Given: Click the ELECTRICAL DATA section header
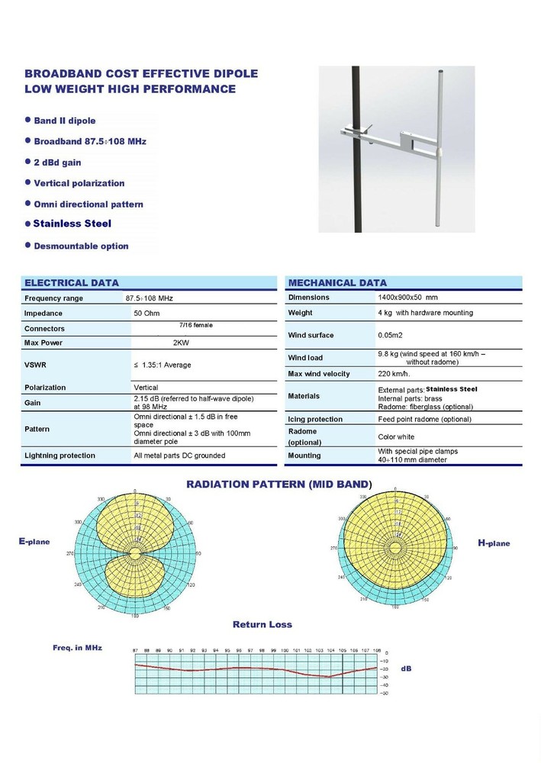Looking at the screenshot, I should coord(72,282).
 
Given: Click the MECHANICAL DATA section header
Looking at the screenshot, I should coord(337,282).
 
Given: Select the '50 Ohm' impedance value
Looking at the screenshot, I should coord(147,314).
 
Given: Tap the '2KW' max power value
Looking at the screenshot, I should coord(182,343).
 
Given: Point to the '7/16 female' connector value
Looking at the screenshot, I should coord(195,325).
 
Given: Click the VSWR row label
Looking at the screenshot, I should coord(35,365).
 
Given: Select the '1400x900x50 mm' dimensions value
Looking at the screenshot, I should coord(407,297).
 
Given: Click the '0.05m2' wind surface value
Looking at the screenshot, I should coord(391,336).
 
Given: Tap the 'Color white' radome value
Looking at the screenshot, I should coord(397,437).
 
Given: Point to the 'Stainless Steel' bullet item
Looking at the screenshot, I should coord(72,224).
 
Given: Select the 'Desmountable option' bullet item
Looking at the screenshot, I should coord(81,246).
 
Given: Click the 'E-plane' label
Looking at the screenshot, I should coord(34,541).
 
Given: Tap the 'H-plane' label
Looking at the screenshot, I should coord(494,543).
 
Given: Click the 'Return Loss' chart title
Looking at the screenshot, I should coord(262,624).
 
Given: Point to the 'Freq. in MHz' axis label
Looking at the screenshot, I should coord(77,648).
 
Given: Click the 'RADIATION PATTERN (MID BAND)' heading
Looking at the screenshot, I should coord(279,485).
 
